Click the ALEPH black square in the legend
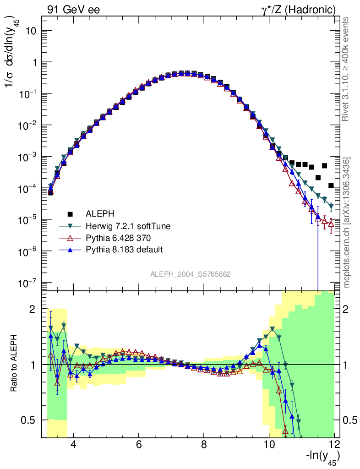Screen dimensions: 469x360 (70, 213)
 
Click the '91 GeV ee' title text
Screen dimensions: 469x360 (73, 10)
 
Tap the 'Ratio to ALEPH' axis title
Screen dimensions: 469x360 (15, 365)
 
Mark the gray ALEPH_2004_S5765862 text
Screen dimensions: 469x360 (191, 274)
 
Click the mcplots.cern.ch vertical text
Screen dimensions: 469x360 (347, 223)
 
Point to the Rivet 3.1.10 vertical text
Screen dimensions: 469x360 (347, 69)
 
